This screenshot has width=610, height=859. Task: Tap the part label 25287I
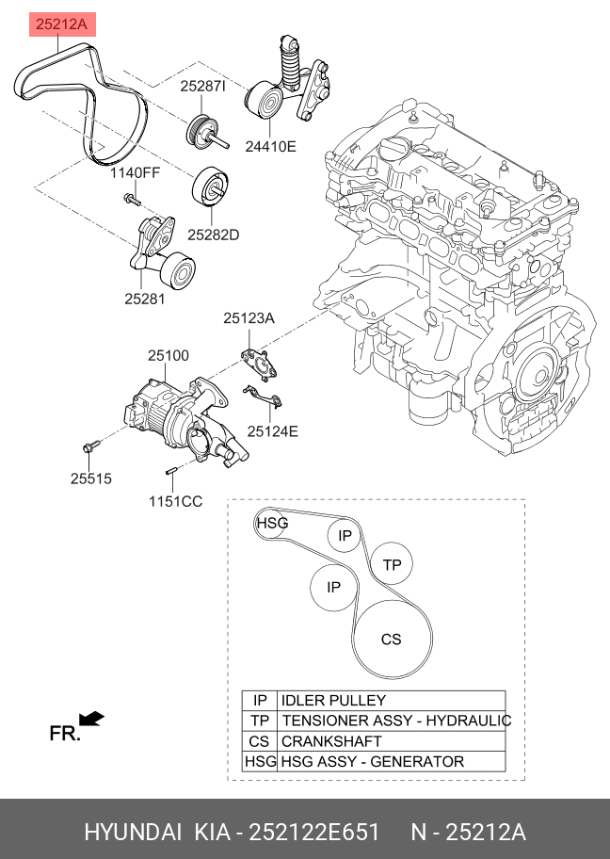click(x=203, y=87)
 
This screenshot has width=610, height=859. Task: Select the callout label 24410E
click(x=271, y=147)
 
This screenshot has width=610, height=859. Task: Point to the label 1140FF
click(x=135, y=173)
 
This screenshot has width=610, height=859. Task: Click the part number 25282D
click(x=213, y=234)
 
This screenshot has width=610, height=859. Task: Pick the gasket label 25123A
click(x=249, y=319)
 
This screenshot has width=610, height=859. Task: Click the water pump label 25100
click(x=168, y=356)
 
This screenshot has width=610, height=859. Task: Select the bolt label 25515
click(x=90, y=478)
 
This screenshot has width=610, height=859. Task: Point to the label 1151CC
click(x=175, y=501)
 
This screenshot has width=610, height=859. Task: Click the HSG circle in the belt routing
click(x=272, y=523)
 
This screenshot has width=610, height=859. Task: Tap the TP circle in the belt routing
click(x=392, y=564)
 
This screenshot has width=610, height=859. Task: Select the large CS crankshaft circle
click(x=391, y=639)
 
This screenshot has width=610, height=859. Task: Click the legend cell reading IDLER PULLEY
click(x=333, y=701)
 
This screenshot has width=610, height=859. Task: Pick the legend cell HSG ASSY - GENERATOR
click(x=373, y=761)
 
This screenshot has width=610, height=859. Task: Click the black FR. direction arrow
click(x=91, y=720)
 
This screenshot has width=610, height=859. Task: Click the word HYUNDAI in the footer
click(x=132, y=834)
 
